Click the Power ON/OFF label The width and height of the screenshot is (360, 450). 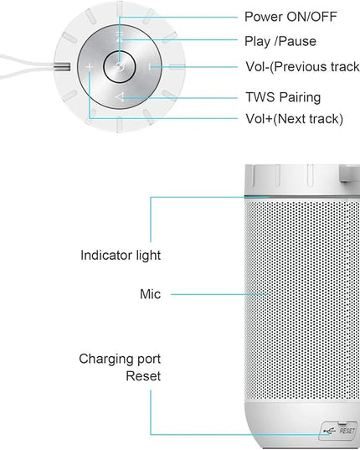click(x=291, y=17)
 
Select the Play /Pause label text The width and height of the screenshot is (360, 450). click(x=280, y=42)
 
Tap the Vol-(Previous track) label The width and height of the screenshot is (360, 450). click(x=302, y=66)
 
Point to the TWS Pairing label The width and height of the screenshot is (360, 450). click(x=283, y=97)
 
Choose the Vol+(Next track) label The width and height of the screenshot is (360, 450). click(x=295, y=119)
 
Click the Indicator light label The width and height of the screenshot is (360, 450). click(x=121, y=256)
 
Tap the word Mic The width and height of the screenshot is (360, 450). click(x=150, y=294)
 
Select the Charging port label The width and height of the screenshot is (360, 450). click(x=120, y=359)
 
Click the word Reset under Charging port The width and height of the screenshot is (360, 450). click(x=143, y=376)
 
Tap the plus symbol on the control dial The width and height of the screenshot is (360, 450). click(x=90, y=67)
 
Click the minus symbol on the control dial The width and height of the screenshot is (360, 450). click(x=150, y=67)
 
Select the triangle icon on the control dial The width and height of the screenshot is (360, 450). click(x=120, y=97)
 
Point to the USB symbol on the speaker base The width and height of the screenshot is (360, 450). click(x=330, y=431)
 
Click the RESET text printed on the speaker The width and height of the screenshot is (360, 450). click(x=347, y=431)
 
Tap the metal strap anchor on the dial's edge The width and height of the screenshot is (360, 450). click(x=62, y=67)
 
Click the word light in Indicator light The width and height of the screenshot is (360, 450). click(x=148, y=256)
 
